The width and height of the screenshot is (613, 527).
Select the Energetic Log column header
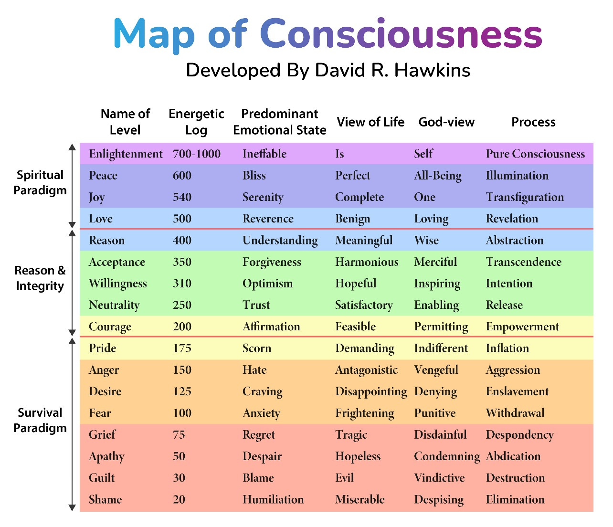point(196,122)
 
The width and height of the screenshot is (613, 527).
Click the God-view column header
point(446,122)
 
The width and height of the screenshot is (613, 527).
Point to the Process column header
point(533,122)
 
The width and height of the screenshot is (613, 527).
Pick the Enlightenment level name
point(126,154)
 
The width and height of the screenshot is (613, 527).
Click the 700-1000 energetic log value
point(197,154)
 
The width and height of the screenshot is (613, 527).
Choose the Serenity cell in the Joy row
point(263,197)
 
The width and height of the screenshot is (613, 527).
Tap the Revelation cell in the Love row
point(512,219)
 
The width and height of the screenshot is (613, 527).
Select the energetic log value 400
point(182,240)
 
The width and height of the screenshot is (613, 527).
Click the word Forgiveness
point(272,262)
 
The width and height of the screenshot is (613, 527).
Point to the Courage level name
point(110,327)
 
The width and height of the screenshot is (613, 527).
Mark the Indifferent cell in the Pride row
point(441,348)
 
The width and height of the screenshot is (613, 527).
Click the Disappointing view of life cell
point(371,391)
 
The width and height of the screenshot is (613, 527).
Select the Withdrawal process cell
point(515,413)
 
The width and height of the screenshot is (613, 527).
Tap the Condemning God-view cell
point(446,456)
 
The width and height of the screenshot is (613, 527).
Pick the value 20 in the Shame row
point(179,499)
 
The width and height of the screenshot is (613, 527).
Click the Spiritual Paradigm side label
point(40,182)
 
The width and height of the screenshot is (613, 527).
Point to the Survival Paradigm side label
point(40,420)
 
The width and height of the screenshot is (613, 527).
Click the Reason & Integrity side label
point(40,278)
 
